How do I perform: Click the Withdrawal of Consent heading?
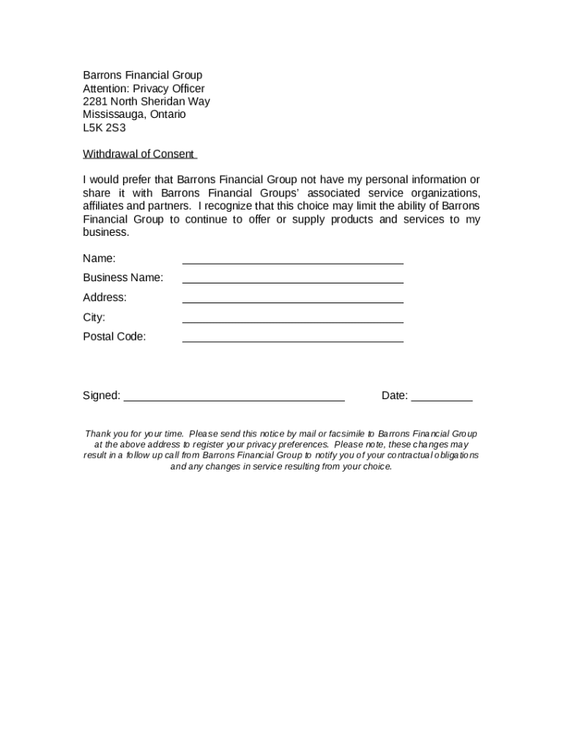138,154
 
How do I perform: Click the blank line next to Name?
292,261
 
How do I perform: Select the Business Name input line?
292,281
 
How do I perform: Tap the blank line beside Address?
292,301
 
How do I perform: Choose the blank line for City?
292,321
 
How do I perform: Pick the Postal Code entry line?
292,341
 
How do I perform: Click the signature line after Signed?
234,400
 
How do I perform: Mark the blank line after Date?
442,400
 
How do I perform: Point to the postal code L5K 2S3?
104,127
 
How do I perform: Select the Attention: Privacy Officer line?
144,88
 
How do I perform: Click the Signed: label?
101,396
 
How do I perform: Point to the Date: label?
395,396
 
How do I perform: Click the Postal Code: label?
114,336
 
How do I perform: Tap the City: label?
94,317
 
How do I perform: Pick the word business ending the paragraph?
105,232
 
